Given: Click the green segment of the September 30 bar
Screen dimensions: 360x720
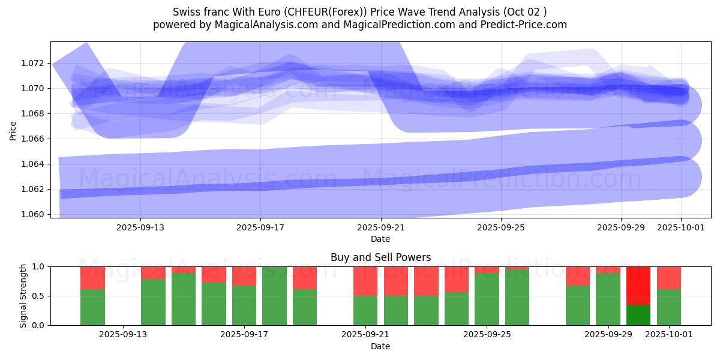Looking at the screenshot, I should (x=638, y=315).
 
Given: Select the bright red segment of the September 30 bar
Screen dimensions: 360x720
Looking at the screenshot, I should (x=638, y=286).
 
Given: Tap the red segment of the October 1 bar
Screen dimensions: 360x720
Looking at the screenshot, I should (x=668, y=278).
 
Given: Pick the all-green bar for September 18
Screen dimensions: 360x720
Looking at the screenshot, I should (x=274, y=296).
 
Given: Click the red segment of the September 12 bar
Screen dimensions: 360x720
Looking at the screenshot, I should (x=92, y=278).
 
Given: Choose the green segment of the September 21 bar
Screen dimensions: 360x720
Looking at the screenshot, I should (x=365, y=310).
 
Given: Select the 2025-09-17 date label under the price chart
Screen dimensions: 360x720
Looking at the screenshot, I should (x=260, y=228).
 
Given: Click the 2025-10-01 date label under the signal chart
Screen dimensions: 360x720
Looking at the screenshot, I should (x=669, y=335).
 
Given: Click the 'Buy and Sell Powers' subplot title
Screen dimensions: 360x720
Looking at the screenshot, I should (x=380, y=257).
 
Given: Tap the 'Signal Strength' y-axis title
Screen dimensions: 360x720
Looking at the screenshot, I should (x=23, y=296).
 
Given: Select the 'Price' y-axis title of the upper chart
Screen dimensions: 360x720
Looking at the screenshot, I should (x=13, y=130).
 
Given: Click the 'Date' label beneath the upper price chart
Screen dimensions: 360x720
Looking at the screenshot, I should (x=380, y=239).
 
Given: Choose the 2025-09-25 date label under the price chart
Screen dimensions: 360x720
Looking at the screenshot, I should (x=500, y=228).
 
